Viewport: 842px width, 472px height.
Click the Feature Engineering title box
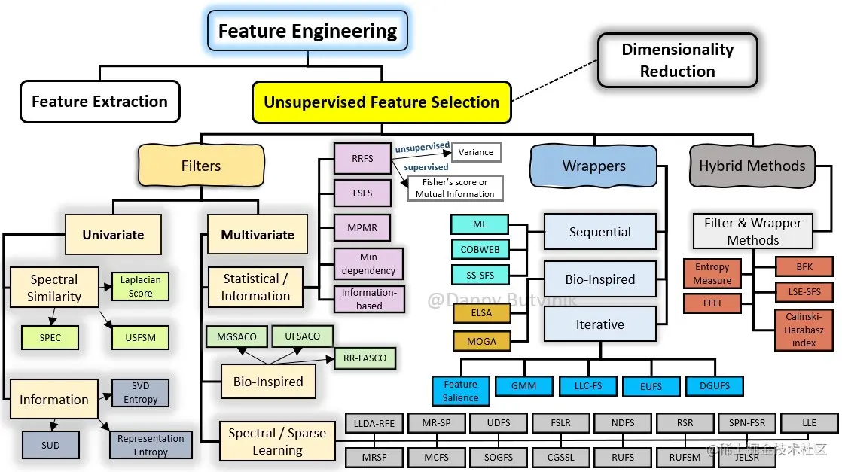pos(307,32)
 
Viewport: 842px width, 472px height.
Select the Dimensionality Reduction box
pos(677,60)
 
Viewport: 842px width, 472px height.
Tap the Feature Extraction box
pos(99,102)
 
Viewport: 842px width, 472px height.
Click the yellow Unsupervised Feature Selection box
pos(381,102)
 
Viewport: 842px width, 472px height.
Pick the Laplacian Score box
pos(140,287)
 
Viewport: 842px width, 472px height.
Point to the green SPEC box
pos(50,338)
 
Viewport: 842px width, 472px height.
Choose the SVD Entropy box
pos(140,393)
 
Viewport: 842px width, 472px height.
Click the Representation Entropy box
pos(150,445)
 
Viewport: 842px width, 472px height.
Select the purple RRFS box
pos(362,158)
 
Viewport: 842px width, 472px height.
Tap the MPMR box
pos(362,227)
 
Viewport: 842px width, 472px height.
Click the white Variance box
pos(476,152)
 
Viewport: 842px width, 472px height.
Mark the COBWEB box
pos(479,249)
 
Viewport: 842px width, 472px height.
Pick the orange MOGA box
pos(481,341)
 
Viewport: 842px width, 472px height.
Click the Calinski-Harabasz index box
pos(804,330)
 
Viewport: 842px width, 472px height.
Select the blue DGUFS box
pos(714,386)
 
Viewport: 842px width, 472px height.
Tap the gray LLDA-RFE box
pos(374,423)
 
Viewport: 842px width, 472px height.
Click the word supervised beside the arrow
pos(426,167)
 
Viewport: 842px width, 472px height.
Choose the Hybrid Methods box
pos(752,166)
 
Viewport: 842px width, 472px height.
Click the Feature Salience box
pos(460,391)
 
